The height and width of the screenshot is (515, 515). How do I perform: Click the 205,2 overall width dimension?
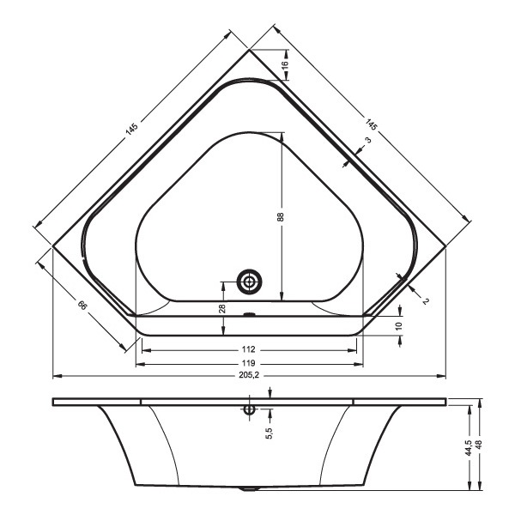point(249,375)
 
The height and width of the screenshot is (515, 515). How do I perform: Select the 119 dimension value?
point(248,363)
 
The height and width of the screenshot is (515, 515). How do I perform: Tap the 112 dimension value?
point(248,349)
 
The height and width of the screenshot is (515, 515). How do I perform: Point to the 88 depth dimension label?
point(280,217)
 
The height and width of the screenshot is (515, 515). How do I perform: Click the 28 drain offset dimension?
point(222,308)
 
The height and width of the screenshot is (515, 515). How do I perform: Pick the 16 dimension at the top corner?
point(285,64)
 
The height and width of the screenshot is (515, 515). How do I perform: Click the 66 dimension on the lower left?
point(82,305)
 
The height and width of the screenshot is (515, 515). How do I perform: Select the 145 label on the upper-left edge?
point(131,129)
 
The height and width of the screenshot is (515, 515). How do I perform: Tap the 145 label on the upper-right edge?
point(371,124)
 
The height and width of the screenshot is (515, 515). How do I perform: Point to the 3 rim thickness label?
point(368,140)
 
